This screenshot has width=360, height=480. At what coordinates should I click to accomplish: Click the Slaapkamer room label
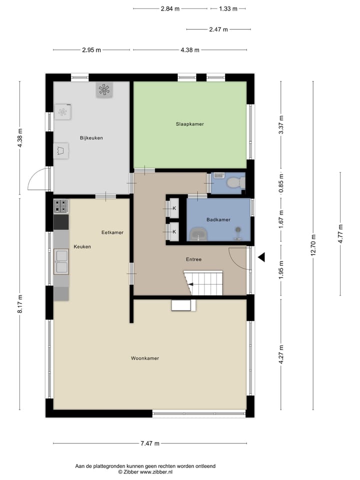pos(189,123)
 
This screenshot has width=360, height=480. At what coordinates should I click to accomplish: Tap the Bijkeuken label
pos(91,137)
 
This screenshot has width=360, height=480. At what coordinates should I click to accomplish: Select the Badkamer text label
pos(218,219)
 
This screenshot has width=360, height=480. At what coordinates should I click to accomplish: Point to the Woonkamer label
pos(145,358)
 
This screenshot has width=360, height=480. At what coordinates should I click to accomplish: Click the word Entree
pos(193,259)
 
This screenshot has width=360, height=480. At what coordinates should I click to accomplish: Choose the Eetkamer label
pos(112,232)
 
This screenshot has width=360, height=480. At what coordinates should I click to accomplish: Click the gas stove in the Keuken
pos(61,206)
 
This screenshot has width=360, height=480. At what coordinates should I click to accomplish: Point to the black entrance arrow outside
pos(261,257)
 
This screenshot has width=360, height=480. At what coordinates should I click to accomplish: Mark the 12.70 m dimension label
pos(313,245)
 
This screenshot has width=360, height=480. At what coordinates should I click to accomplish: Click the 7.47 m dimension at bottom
pos(149,443)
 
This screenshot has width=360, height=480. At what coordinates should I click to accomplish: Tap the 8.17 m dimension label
pos(20,303)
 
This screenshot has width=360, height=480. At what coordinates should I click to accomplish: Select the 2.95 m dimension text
pos(91,50)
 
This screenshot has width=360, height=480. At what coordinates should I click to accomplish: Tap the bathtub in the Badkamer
pos(199,234)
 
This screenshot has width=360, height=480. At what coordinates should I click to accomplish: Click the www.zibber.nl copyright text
pos(145,471)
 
